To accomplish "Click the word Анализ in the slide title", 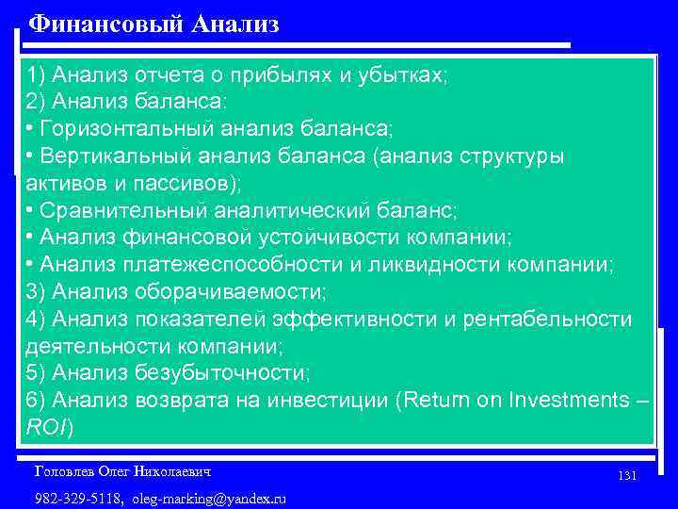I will [x=235, y=24].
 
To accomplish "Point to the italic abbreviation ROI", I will [x=47, y=427].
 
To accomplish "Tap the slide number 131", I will [x=627, y=476].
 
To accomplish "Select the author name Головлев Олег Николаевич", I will [x=121, y=470].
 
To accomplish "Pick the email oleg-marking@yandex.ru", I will [x=208, y=498].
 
